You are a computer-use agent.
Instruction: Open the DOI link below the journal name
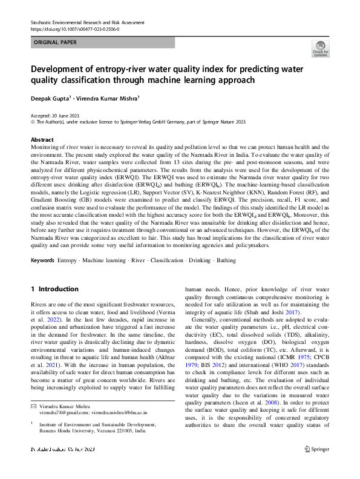click(74, 29)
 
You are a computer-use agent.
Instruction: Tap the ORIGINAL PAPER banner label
click(55, 43)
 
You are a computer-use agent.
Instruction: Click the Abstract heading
click(42, 139)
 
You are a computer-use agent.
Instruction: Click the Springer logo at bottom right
click(317, 466)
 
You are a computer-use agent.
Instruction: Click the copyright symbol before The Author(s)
click(33, 121)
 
